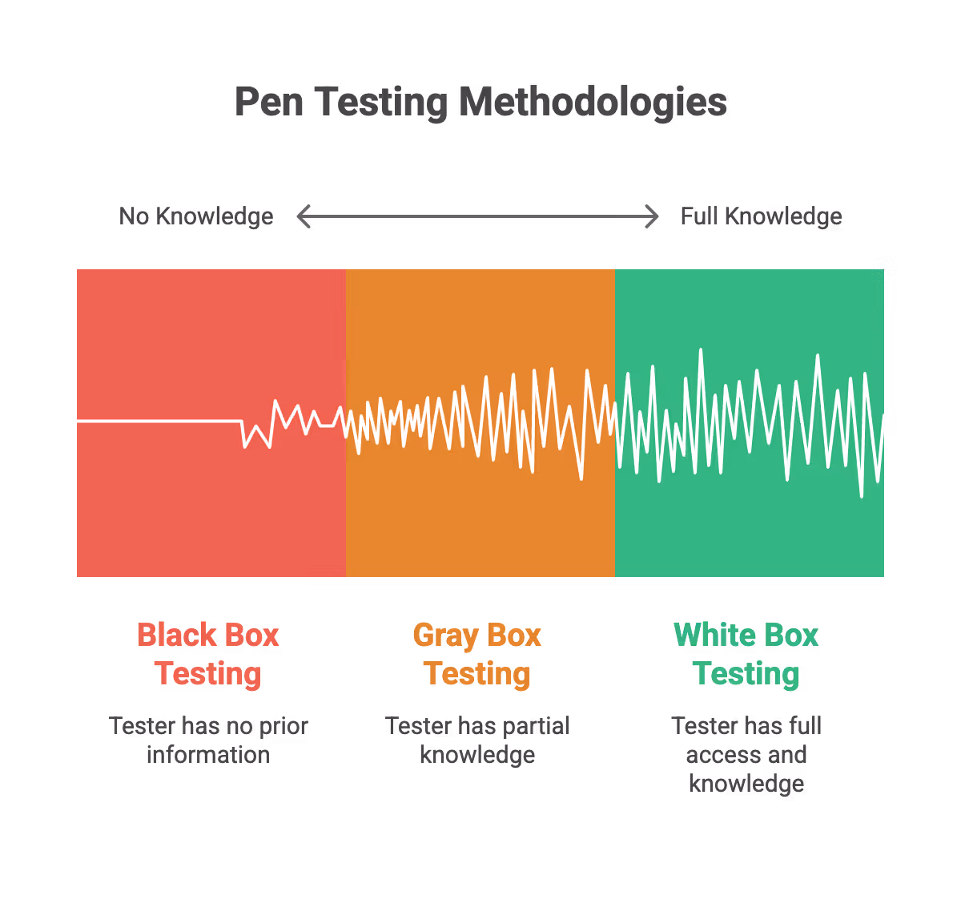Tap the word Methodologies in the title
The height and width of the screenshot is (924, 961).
pyautogui.click(x=593, y=103)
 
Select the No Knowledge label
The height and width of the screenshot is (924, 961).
pyautogui.click(x=196, y=216)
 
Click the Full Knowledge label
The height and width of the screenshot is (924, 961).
pyautogui.click(x=761, y=216)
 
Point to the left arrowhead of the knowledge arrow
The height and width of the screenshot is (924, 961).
pyautogui.click(x=303, y=216)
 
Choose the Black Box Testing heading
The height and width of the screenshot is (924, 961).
pyautogui.click(x=208, y=654)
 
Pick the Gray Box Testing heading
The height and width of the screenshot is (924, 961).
pyautogui.click(x=477, y=654)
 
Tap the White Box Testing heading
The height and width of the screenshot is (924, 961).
pyautogui.click(x=746, y=654)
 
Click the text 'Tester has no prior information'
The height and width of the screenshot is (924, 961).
pyautogui.click(x=208, y=740)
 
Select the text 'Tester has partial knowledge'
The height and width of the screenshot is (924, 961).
pyautogui.click(x=477, y=740)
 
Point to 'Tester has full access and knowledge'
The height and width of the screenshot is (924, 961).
pyautogui.click(x=746, y=754)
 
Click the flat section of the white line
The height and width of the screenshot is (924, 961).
pyautogui.click(x=160, y=421)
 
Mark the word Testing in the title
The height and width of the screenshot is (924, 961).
pyautogui.click(x=382, y=103)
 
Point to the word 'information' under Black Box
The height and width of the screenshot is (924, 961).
pyautogui.click(x=208, y=755)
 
